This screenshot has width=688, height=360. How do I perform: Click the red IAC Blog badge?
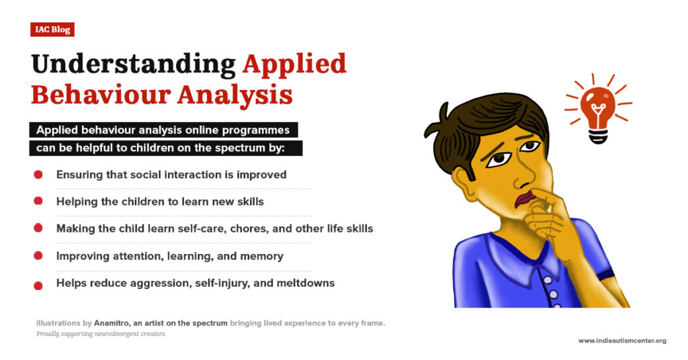click(x=52, y=30)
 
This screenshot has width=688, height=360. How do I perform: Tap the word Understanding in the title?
click(x=133, y=64)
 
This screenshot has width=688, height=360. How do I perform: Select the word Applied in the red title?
click(x=294, y=64)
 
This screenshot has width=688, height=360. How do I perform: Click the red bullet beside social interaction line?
click(x=38, y=175)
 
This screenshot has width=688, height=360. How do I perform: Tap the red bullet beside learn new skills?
click(x=38, y=201)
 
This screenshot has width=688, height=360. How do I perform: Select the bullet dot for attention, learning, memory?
click(x=38, y=255)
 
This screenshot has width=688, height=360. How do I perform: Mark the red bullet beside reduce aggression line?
click(x=38, y=284)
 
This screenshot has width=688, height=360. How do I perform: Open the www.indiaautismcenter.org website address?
click(x=622, y=341)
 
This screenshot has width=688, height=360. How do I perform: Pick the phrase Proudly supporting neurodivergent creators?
click(x=101, y=334)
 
